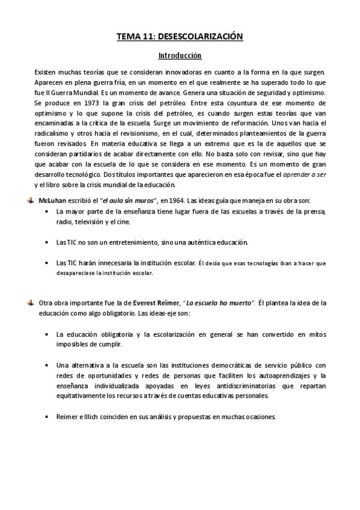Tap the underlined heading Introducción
[180, 56]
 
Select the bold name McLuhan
[51, 199]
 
